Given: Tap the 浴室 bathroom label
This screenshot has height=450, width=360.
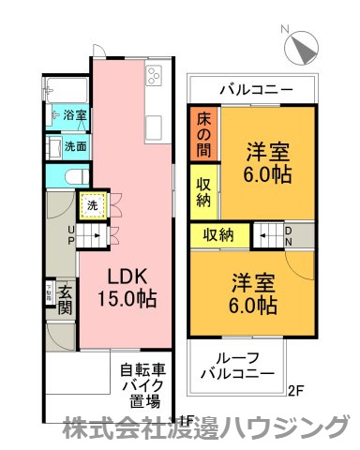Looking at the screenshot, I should (75, 115).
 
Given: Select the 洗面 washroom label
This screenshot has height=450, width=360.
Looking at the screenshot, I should (75, 146).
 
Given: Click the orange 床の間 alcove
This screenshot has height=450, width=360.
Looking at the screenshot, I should (202, 134).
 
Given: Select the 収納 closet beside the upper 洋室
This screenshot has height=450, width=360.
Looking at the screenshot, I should (202, 190).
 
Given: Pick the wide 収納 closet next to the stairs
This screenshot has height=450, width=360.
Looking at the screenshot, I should (221, 233).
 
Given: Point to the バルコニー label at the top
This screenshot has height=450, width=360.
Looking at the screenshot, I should (255, 90).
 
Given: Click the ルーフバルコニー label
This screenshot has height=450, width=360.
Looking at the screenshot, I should (239, 366).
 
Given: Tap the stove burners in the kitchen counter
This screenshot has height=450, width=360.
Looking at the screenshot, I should (154, 75).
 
